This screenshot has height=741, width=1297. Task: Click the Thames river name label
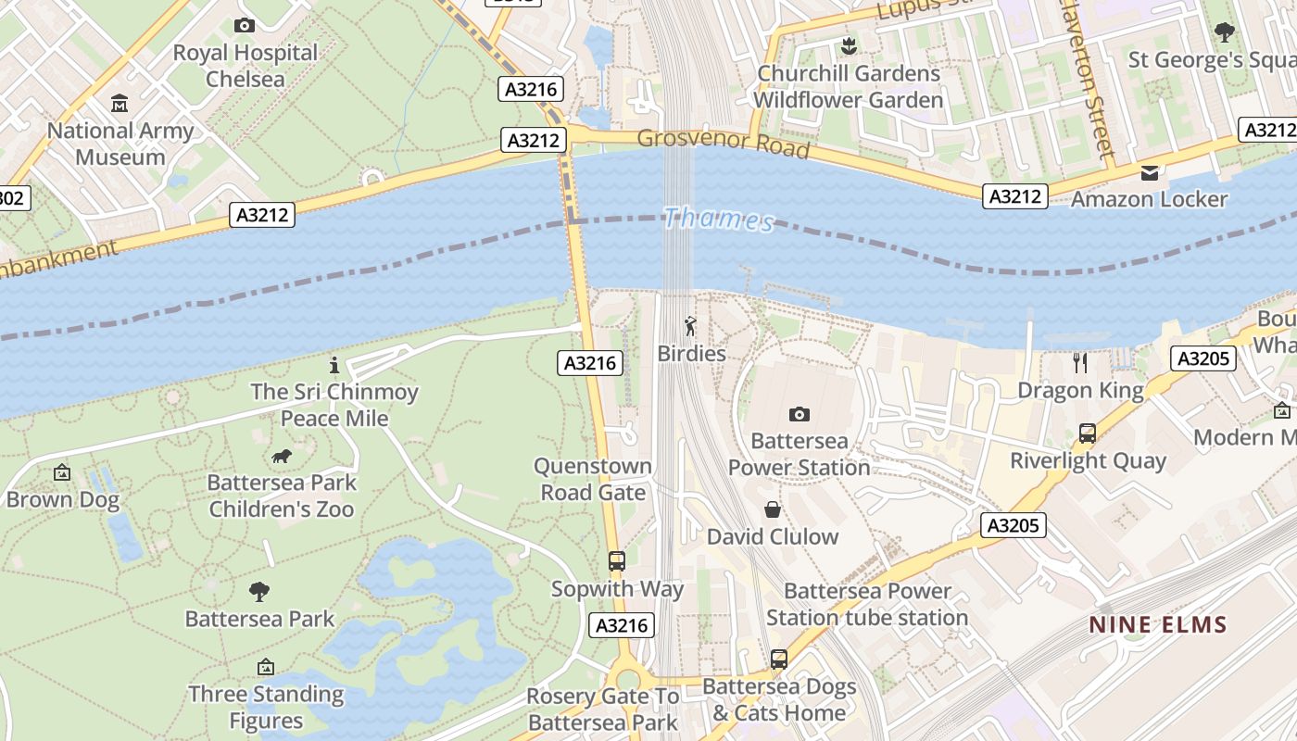pos(719,220)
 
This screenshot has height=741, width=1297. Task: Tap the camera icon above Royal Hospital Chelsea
pos(245,25)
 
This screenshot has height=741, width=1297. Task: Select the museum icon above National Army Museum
pos(120,103)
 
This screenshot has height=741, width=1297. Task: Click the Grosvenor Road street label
pos(724,144)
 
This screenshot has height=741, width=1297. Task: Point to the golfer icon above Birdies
pos(690,326)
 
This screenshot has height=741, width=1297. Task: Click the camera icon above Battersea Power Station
pos(799,414)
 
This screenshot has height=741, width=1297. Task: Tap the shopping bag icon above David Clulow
pos(772,509)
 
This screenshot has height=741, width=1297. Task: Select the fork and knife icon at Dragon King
pos(1080,362)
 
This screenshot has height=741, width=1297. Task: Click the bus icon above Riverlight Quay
pos(1087,433)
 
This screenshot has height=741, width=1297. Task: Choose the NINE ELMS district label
pos(1158,624)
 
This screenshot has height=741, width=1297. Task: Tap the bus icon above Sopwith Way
pos(616,560)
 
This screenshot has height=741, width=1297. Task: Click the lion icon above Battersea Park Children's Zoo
pos(282,456)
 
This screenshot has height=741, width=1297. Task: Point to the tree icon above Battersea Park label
pos(259,591)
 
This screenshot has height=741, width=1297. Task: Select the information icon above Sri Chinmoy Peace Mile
pos(334,365)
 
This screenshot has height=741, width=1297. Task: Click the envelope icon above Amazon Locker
pos(1150,172)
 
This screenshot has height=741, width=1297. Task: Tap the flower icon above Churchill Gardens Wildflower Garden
pos(848,45)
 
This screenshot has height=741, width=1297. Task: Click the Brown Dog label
pos(63,500)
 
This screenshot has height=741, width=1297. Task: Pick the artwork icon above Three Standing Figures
pos(266,667)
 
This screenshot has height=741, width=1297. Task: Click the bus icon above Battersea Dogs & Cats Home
pos(778,659)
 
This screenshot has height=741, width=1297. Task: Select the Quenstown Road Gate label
pos(593,479)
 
